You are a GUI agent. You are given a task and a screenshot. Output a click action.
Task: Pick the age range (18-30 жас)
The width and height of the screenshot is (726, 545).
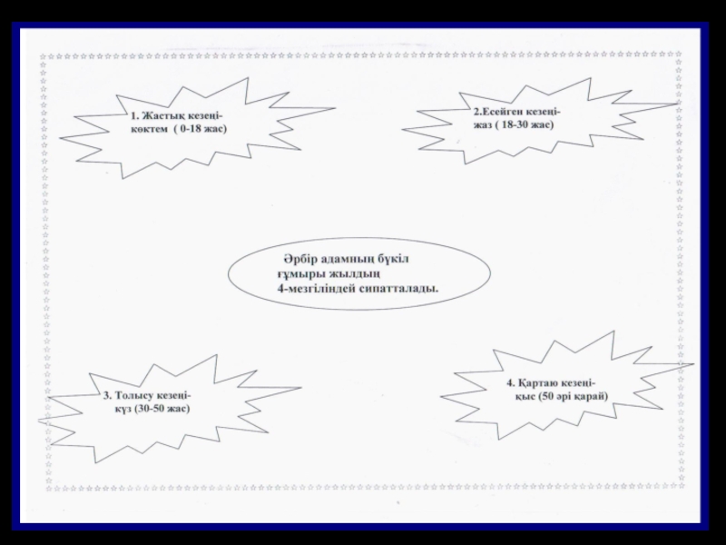point(525,124)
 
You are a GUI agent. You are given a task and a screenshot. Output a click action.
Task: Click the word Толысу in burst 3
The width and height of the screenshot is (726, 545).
point(136,395)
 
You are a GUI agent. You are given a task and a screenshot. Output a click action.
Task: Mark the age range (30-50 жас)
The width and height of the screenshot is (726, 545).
point(162,409)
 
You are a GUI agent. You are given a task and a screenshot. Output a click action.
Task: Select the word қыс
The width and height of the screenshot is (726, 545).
point(525,396)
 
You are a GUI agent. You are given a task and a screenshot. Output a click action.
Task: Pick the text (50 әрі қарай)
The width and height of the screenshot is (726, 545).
point(573,396)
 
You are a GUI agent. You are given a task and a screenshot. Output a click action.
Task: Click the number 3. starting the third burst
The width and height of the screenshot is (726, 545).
point(107,395)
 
